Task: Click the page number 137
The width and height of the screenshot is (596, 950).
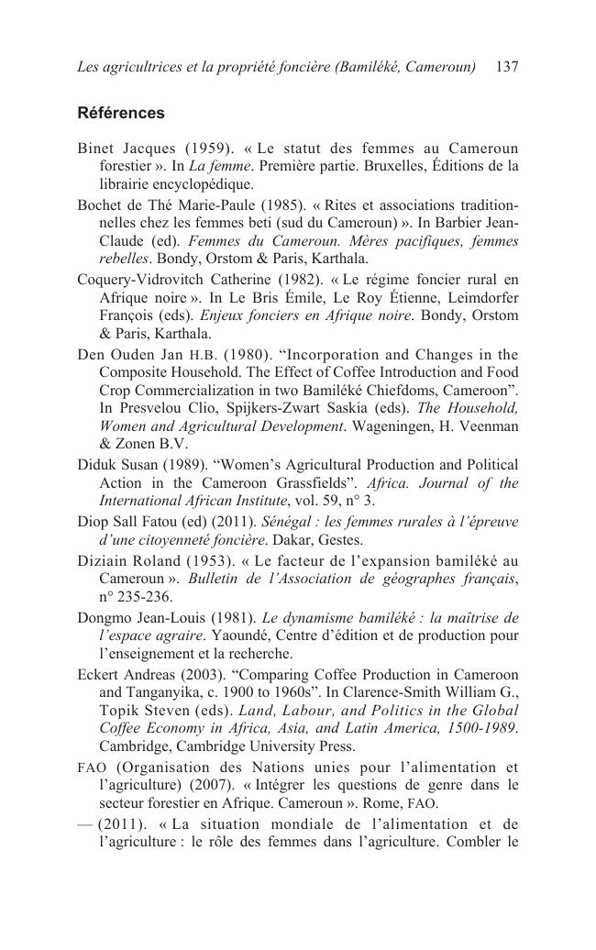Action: click(x=506, y=67)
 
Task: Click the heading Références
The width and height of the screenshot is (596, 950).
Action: click(x=121, y=114)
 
